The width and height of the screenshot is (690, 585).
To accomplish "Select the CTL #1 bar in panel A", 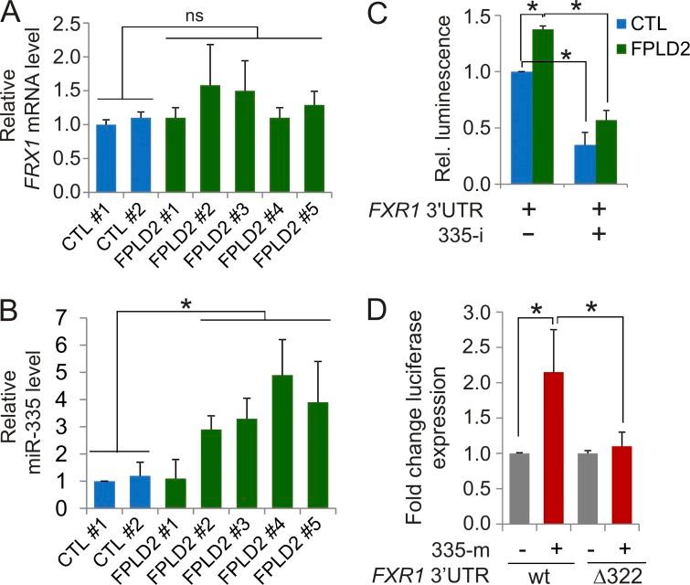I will click(106, 159).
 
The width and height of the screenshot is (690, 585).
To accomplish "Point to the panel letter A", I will click(12, 13).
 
